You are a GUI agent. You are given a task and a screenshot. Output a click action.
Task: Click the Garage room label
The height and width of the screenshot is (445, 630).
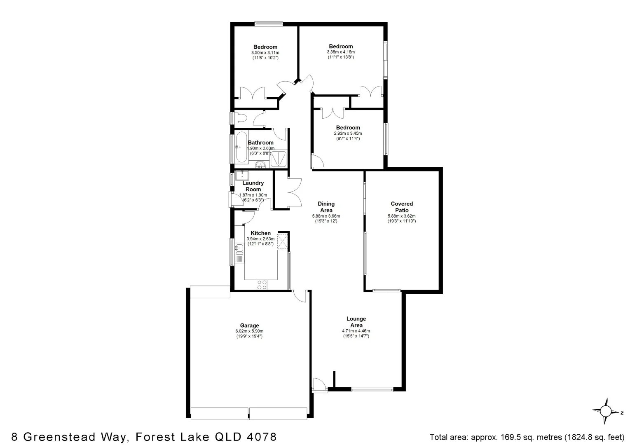(x=249, y=326)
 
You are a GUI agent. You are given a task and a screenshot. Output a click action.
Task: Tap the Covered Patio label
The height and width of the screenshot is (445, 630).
(x=401, y=207)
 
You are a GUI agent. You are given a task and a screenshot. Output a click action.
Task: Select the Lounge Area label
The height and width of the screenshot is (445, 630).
(x=356, y=322)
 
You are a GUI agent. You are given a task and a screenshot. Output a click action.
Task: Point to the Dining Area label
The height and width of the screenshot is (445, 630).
(x=326, y=207)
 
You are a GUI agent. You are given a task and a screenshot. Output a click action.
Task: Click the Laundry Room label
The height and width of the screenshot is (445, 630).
(x=253, y=186)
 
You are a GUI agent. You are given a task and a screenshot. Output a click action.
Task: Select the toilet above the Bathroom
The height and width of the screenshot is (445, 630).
(x=239, y=118)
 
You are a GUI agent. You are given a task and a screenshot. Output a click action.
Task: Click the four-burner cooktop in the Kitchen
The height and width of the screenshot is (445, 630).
(x=262, y=284)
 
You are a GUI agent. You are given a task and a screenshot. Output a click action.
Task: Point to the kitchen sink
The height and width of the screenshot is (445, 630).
(x=239, y=248)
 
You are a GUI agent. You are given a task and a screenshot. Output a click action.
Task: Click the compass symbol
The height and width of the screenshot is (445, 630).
(x=606, y=411)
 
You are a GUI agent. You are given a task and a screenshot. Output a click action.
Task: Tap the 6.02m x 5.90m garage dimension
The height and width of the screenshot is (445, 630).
(x=249, y=331)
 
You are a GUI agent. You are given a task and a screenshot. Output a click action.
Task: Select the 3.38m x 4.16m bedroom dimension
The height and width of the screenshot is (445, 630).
(x=341, y=52)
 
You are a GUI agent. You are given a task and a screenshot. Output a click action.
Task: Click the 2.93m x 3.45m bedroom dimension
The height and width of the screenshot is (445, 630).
(x=348, y=133)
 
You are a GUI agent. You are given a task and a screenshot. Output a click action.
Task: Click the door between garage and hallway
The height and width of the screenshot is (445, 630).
(x=300, y=296)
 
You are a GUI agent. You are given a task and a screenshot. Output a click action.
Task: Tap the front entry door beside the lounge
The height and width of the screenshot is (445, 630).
(x=319, y=385)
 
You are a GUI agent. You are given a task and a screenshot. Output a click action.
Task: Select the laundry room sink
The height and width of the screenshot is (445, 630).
(x=242, y=176)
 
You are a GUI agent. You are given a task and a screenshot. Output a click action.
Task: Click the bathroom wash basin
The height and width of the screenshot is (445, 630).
(x=260, y=166)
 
